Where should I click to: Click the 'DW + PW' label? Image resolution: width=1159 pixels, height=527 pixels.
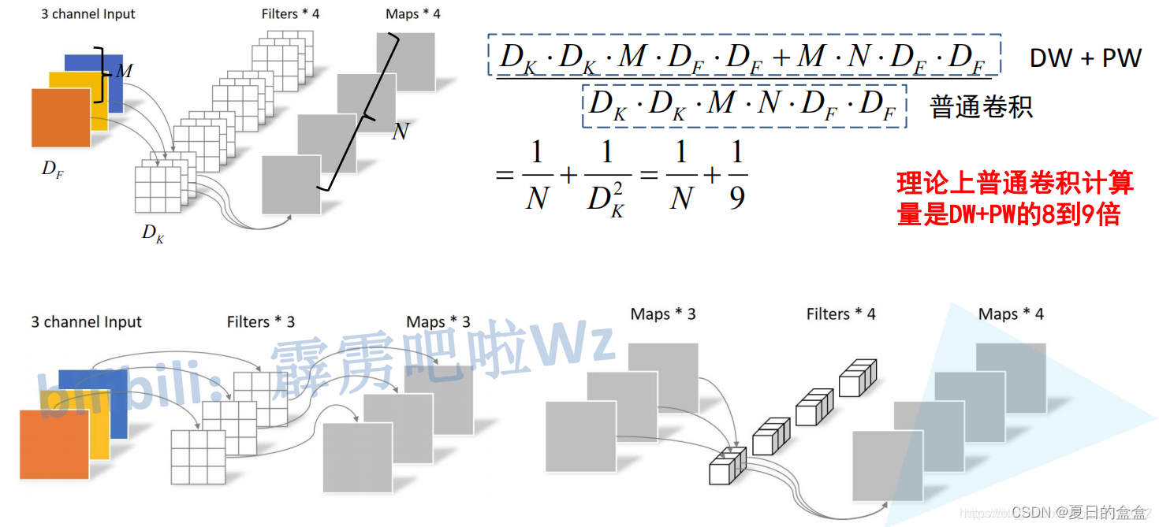(1085, 58)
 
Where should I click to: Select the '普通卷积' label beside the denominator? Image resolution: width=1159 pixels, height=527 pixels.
(982, 106)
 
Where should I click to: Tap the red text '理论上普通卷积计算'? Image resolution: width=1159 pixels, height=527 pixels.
(1015, 184)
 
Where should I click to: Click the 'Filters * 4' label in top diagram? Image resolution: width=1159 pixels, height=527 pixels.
(291, 14)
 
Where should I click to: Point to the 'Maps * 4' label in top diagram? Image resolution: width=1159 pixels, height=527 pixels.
(413, 14)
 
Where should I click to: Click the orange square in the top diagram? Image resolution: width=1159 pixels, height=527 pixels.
(61, 118)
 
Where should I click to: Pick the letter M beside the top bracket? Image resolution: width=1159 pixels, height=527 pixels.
(125, 72)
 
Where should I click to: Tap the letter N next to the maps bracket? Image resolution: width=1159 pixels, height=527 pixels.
(401, 132)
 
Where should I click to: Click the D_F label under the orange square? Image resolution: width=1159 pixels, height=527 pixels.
(53, 169)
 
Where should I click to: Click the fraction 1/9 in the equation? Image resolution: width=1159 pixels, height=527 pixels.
(736, 176)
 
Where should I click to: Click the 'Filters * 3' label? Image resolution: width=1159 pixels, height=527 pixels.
(261, 321)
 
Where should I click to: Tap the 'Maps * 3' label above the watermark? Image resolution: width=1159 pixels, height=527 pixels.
(438, 321)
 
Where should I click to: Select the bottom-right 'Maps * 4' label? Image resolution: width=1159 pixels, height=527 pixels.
(1011, 314)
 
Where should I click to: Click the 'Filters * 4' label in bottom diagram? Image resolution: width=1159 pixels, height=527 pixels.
(840, 314)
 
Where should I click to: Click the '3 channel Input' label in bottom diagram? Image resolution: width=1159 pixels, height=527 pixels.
(86, 321)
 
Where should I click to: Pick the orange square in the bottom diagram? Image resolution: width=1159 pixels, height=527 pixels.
(54, 444)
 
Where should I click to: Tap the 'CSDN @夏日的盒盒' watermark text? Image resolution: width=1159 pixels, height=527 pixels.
(1079, 513)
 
